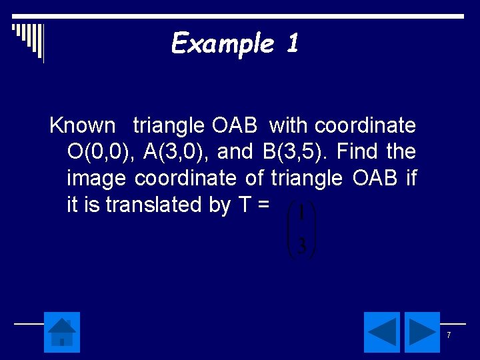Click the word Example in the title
pos(223,44)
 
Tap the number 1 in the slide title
pos(292,44)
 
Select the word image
pos(97,179)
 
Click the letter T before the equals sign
pos(244,205)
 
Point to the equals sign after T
pos(263,206)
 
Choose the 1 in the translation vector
pos(301,214)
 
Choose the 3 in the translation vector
pos(301,247)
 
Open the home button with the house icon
pos(62,332)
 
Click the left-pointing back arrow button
pos(382,332)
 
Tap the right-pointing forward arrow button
pos(422,332)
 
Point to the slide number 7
pos(449,335)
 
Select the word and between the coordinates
pos(235,152)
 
